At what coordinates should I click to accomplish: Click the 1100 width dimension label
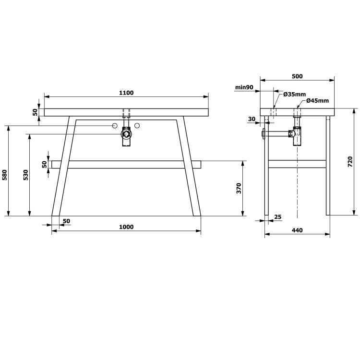(x=126, y=93)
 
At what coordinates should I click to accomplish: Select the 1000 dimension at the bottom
(x=126, y=227)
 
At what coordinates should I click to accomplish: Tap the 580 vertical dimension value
(x=5, y=175)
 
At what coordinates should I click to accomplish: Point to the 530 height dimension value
(x=26, y=175)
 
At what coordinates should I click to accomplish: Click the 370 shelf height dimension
(x=239, y=188)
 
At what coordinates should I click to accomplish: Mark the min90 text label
(x=244, y=87)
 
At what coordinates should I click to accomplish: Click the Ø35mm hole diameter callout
(x=294, y=94)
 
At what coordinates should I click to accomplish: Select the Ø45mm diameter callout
(x=317, y=100)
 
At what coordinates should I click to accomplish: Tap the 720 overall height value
(x=350, y=161)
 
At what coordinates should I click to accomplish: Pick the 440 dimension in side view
(x=297, y=230)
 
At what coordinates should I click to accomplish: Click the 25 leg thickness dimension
(x=277, y=217)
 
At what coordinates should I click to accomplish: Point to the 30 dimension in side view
(x=252, y=119)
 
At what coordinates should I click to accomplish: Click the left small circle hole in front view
(x=115, y=126)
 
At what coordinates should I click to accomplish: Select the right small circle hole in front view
(x=137, y=126)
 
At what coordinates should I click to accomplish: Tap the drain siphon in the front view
(x=126, y=135)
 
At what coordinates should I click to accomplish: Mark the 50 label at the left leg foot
(x=66, y=221)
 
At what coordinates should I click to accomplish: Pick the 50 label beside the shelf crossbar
(x=45, y=164)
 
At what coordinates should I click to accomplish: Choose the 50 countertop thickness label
(x=35, y=112)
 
